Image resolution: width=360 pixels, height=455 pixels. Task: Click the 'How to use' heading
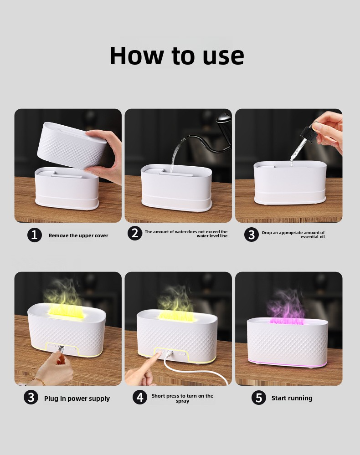pos(177,56)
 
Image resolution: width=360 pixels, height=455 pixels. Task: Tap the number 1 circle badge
pos(35,235)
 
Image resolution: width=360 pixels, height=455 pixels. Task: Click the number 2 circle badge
pos(135,233)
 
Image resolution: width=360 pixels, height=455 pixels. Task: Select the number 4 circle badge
pos(140,397)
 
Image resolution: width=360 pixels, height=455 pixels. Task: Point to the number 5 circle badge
pos(259,398)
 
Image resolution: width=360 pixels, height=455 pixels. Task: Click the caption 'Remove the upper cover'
pos(78,235)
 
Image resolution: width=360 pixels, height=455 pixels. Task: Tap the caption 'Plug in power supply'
pos(77,399)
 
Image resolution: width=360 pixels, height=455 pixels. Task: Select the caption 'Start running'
pos(292,398)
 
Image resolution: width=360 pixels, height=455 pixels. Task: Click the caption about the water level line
pos(186,234)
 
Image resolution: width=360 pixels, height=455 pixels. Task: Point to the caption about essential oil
pos(293,235)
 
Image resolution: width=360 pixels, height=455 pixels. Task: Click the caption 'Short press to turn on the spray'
pos(182,399)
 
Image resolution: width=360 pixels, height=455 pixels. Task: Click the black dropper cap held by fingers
pos(309,133)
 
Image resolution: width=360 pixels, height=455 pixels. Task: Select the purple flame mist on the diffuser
pos(286,307)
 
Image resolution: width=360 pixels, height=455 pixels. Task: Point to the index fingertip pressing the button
pos(159,352)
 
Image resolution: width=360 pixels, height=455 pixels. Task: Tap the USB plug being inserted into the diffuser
pos(61,349)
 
